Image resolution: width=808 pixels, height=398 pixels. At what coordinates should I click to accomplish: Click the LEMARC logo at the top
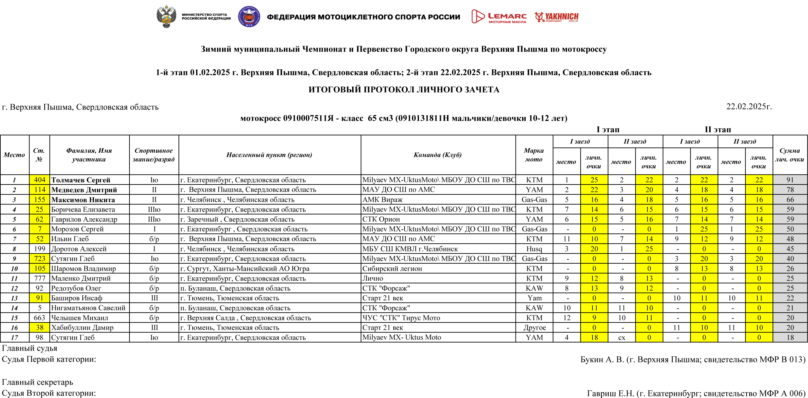(x=499, y=16)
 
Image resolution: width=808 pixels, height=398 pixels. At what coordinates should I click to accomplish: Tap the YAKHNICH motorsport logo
(x=557, y=17)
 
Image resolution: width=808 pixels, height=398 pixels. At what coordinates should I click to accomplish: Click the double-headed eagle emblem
(x=166, y=16)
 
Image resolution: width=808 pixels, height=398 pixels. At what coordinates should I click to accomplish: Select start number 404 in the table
(x=39, y=180)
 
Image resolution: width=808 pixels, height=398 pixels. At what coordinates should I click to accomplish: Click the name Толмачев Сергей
(x=81, y=180)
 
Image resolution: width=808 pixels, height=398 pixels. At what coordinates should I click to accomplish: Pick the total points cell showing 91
(x=790, y=180)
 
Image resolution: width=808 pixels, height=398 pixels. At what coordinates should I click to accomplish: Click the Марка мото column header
(x=534, y=155)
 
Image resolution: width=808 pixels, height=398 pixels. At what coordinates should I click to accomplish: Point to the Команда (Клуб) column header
(x=438, y=155)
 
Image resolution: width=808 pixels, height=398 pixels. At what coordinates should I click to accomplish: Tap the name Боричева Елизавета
(x=83, y=209)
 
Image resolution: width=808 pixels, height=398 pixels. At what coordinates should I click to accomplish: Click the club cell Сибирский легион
(x=392, y=269)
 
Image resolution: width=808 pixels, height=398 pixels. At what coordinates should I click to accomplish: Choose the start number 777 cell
(x=39, y=278)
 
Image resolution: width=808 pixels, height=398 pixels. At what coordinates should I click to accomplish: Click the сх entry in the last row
(x=621, y=337)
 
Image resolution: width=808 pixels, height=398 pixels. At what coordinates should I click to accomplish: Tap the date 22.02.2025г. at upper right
(x=749, y=107)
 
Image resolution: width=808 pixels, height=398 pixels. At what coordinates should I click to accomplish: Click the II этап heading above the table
(x=718, y=129)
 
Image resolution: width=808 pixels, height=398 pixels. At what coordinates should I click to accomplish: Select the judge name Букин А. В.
(x=602, y=359)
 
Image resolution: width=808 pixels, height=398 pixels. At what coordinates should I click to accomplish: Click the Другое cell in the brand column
(x=534, y=328)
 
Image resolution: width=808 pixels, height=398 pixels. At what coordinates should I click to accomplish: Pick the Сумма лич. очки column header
(x=790, y=155)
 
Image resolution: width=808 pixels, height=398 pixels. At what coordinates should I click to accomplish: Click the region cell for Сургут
(x=245, y=269)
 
